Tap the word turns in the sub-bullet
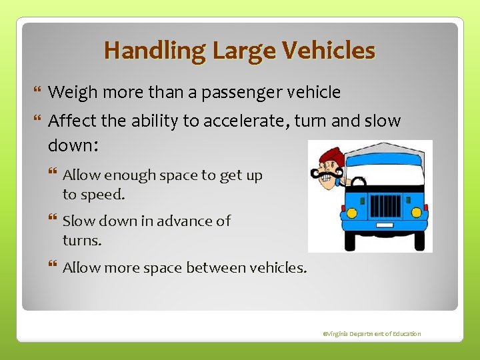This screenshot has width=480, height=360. tap(81, 241)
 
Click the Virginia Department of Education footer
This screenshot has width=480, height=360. tap(372, 333)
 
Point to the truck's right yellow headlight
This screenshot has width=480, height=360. tap(417, 212)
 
